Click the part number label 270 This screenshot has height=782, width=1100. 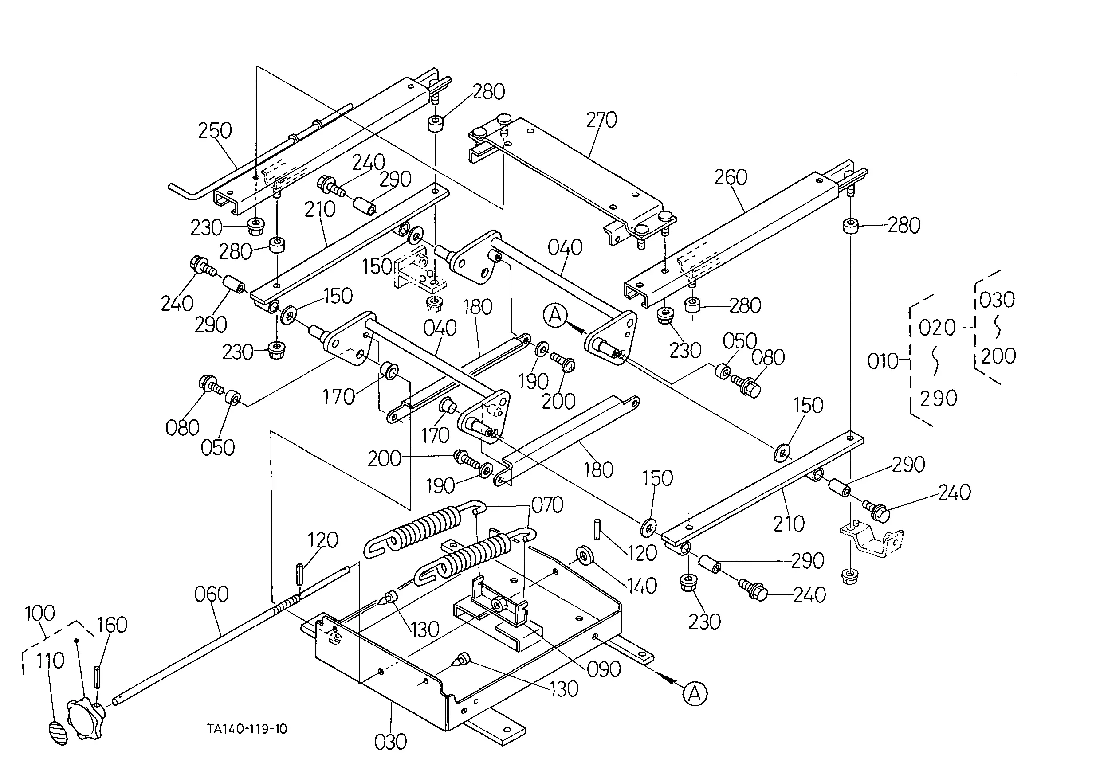tap(601, 120)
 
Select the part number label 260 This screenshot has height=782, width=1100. tap(731, 178)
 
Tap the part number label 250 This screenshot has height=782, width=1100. tap(215, 130)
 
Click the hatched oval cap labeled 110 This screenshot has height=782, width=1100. tap(59, 733)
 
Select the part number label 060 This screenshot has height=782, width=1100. tap(211, 594)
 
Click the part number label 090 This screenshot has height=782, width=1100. tap(604, 669)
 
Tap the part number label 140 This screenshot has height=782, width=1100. tap(641, 586)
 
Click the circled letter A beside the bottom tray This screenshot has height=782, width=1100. tap(695, 694)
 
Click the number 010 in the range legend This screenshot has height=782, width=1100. tap(883, 361)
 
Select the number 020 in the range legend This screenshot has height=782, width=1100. tap(937, 328)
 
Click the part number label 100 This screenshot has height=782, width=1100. tap(39, 614)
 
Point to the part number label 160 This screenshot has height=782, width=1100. tap(112, 625)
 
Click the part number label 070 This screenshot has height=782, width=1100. tap(547, 505)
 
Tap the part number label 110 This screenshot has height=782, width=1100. tap(50, 661)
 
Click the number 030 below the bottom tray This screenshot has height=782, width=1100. tap(390, 742)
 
